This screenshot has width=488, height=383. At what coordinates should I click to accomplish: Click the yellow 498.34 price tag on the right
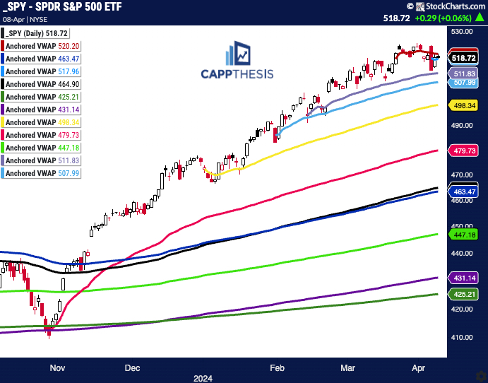(464, 105)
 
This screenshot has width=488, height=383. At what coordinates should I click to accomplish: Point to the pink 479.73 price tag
(464, 151)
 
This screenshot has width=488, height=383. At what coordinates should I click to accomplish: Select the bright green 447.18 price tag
(464, 234)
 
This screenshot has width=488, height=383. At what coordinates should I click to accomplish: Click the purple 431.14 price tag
(464, 278)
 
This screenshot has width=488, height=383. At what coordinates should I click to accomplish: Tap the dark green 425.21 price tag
(464, 293)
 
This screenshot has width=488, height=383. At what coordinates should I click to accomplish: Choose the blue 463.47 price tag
(464, 191)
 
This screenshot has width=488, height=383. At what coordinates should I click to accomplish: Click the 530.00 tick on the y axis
(463, 32)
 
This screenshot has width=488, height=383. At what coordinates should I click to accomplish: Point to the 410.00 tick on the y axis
(463, 338)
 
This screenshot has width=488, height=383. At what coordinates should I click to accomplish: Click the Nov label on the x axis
(58, 368)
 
